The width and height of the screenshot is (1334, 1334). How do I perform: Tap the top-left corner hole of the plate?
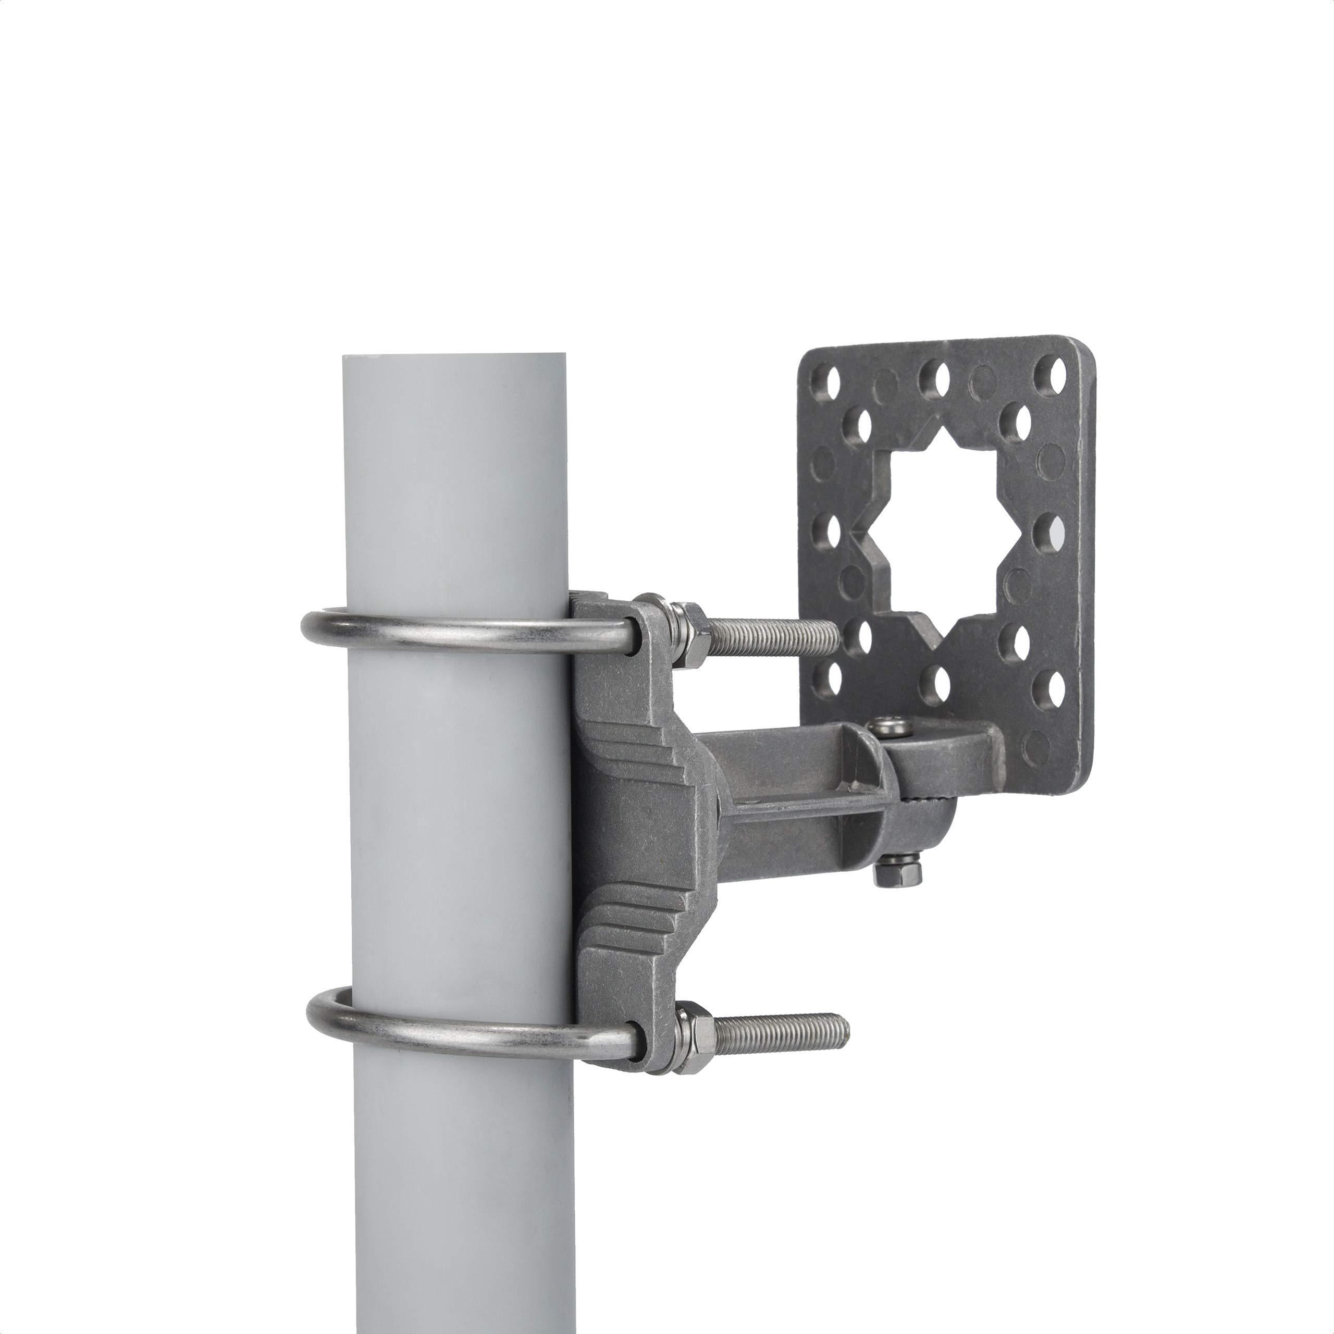tap(831, 379)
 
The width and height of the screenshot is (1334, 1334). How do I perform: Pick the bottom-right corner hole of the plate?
tap(1056, 691)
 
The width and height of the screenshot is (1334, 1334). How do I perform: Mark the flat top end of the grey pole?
tap(454, 356)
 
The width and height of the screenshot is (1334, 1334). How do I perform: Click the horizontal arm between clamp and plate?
tap(794, 787)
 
